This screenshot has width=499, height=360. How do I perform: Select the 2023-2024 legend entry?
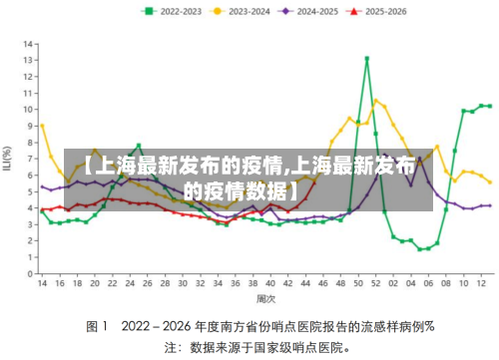(249, 12)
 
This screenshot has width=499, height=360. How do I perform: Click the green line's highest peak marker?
(367, 59)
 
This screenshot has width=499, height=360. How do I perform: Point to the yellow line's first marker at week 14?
(42, 126)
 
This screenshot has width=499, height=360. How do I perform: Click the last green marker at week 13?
(489, 105)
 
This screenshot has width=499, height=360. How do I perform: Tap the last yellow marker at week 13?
(489, 181)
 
